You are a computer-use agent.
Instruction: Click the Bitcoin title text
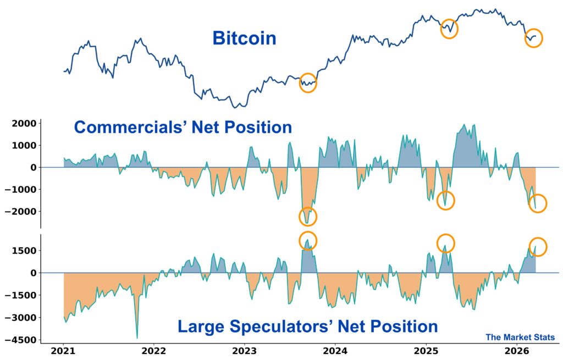coord(244,38)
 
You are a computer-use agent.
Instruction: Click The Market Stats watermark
coord(520,337)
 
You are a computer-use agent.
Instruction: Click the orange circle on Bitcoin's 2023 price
coord(308,83)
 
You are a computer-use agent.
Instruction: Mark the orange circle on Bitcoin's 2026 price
coord(533,38)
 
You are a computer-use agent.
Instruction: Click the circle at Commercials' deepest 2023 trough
coord(308,216)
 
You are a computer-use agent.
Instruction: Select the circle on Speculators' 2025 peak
coord(446,243)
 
